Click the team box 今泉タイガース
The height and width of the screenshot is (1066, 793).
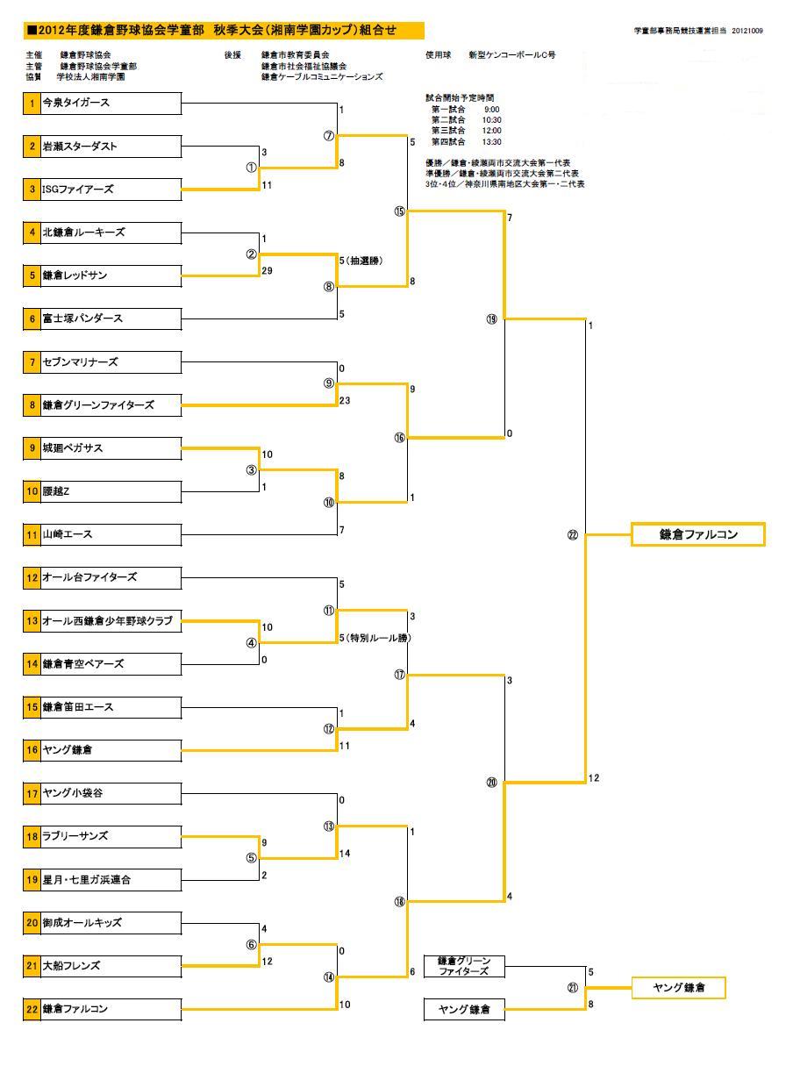coord(111,104)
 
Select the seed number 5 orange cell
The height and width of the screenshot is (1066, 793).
coord(32,275)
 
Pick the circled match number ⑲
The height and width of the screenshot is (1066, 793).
coord(491,319)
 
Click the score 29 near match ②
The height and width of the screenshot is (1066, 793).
coord(267,271)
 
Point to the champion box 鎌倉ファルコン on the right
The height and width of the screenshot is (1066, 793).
coord(698,534)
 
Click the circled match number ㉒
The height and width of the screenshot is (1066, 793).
coord(572,535)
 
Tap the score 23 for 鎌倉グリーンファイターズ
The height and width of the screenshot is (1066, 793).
coord(345,400)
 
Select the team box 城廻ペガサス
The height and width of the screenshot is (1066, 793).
coord(111,448)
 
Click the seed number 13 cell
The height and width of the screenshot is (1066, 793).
coord(32,621)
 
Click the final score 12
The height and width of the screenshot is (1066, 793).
coord(594,778)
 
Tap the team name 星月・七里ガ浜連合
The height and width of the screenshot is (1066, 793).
coord(87,879)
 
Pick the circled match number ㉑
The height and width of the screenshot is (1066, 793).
coord(572,988)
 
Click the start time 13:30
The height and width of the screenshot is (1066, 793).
coord(492,141)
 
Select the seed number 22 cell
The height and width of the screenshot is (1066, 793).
coord(32,1009)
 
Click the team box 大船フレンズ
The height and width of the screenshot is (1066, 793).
coord(111,966)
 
